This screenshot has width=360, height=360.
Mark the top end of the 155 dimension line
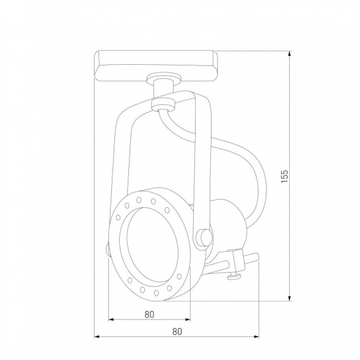[289, 51]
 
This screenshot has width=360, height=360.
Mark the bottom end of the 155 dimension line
[289, 300]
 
